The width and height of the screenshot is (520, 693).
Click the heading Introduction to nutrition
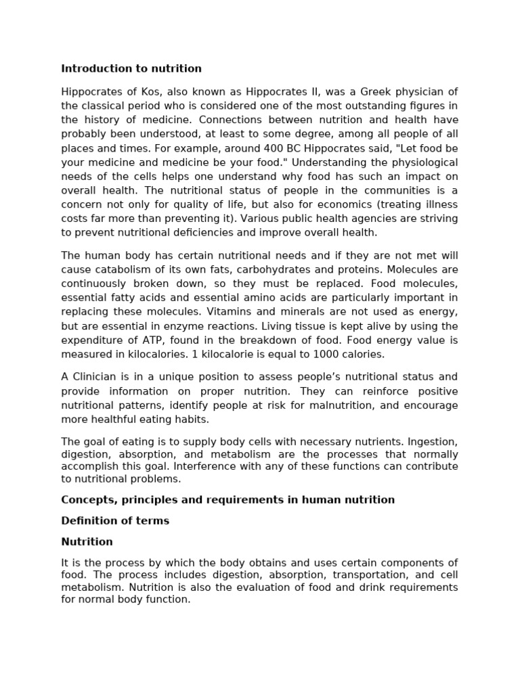131,68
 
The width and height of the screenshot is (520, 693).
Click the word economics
349,204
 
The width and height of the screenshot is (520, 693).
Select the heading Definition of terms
115,521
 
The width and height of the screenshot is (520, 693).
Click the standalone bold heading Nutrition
87,542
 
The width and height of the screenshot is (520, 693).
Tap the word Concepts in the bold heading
85,500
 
